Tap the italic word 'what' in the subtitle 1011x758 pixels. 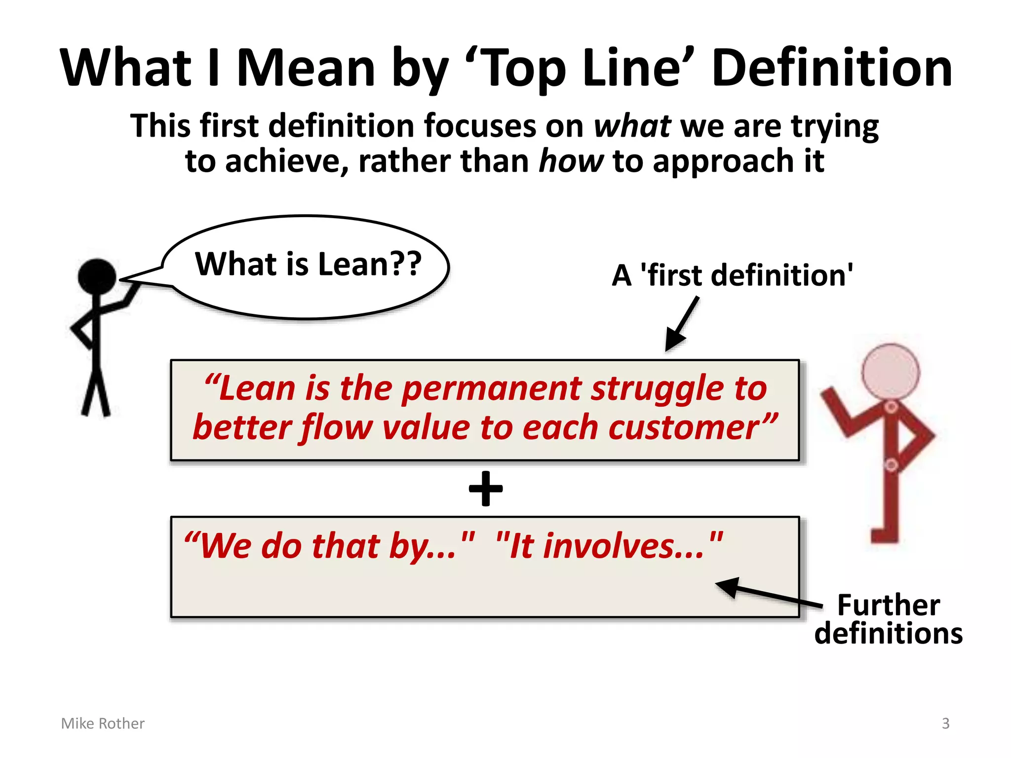point(632,126)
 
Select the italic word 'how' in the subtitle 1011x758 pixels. point(571,161)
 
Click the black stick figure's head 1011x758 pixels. point(97,277)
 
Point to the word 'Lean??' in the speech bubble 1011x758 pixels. point(370,264)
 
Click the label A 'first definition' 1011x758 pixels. point(733,275)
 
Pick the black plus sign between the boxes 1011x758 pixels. point(486,489)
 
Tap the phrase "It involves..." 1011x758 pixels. point(609,546)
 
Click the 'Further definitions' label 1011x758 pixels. point(888,619)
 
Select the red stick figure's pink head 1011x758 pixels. point(891,372)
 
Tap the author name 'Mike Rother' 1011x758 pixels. point(103,723)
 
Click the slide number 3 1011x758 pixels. point(945,723)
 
